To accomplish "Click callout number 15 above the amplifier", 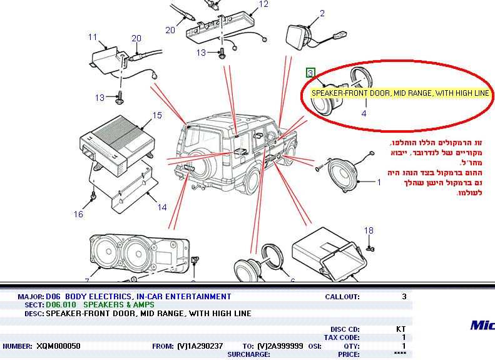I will click(157, 115).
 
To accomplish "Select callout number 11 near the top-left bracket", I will click(93, 36).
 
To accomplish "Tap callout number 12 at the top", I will click(263, 4).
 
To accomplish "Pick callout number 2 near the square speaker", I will click(322, 13).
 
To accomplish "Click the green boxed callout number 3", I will click(310, 73).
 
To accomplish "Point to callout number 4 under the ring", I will click(364, 114).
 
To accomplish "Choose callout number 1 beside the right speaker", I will click(379, 183).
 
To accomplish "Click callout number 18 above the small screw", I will click(369, 230).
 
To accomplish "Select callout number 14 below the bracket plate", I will click(161, 207).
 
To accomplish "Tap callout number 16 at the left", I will click(78, 214).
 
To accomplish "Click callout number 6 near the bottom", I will click(292, 282).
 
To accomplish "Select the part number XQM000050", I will click(59, 346).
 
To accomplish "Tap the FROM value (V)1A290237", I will click(200, 346).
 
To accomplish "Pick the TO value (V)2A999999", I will click(280, 346).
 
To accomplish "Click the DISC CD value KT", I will click(401, 329).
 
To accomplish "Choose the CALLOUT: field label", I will click(342, 297).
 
